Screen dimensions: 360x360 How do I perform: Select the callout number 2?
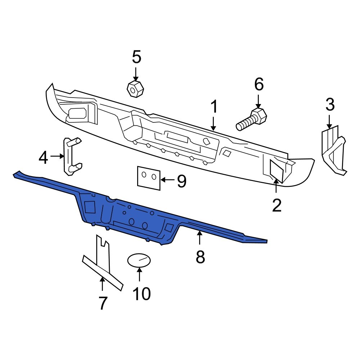[x=276, y=206]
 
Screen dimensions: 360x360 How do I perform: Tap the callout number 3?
[x=330, y=105]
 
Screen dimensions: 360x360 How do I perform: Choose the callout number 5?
[x=136, y=57]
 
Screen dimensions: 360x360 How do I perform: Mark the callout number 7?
[x=103, y=303]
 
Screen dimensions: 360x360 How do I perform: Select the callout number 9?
[x=181, y=181]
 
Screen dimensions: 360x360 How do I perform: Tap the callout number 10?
[x=141, y=294]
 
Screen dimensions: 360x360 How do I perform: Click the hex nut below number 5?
[x=135, y=89]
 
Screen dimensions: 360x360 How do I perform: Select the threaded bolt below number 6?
[x=252, y=120]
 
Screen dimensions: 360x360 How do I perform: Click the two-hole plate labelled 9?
[x=148, y=177]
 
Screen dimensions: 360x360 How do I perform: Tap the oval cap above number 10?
[x=139, y=260]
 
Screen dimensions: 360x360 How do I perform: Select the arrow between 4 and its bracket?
[x=57, y=156]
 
